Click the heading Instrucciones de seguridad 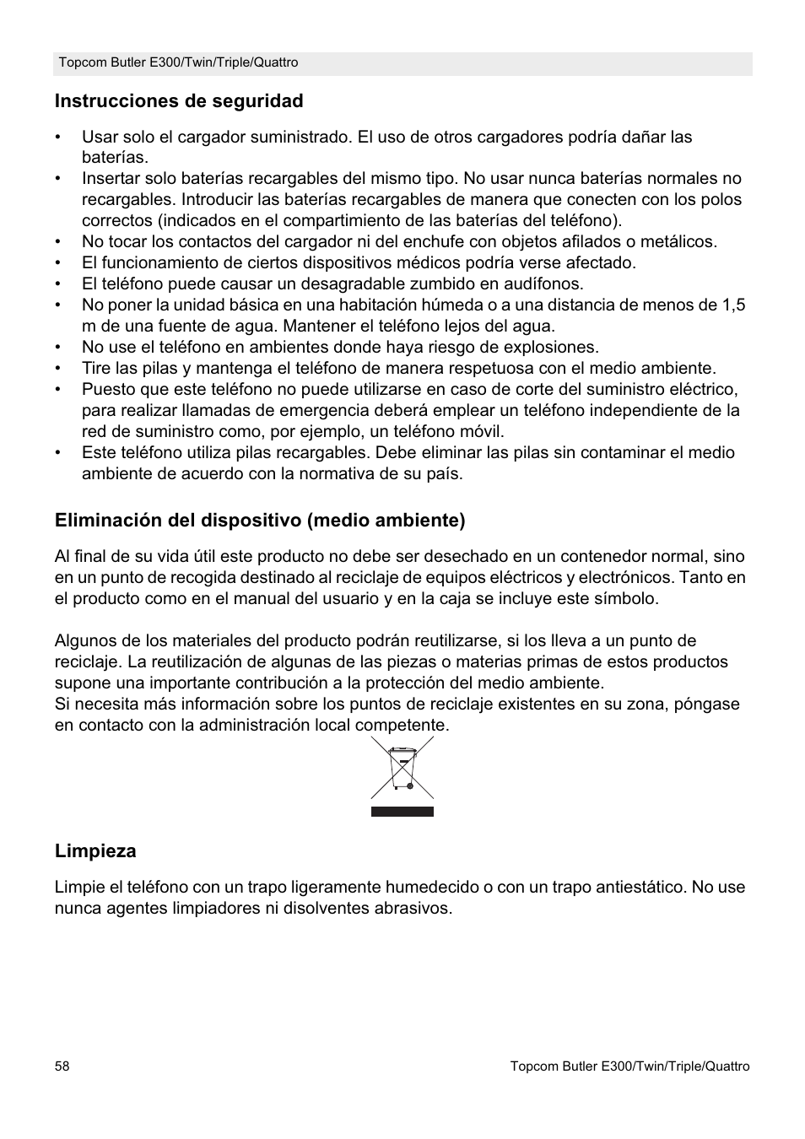click(179, 101)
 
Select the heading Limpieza click(95, 851)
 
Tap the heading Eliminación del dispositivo click(260, 521)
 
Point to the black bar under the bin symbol click(402, 812)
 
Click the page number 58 click(62, 1066)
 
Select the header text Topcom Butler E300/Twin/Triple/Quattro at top click(178, 63)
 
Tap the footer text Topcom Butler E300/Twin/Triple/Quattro click(629, 1066)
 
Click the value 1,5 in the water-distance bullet click(733, 305)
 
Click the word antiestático click(640, 888)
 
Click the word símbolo click(624, 599)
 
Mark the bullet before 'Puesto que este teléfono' click(59, 390)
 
